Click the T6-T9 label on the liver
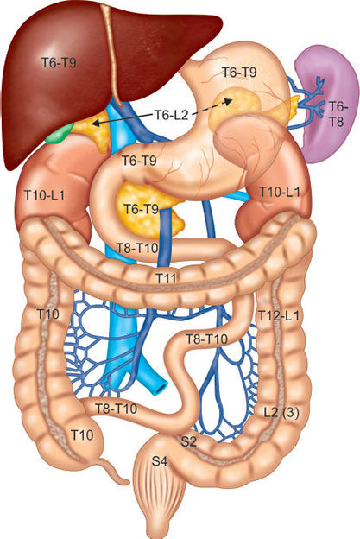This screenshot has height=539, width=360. point(59,63)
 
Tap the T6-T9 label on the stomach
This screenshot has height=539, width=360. point(239,73)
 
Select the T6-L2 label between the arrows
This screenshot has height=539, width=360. point(171,115)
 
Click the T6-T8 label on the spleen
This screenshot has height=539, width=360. point(338,114)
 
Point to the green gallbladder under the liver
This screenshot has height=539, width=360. point(59,134)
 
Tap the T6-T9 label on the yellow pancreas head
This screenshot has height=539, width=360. point(142,209)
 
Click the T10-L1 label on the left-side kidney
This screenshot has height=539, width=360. point(44,195)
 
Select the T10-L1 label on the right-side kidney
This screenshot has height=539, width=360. point(279,192)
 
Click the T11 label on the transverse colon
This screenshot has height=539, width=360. point(167,278)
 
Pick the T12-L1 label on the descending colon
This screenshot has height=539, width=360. point(279,315)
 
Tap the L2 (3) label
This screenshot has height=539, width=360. point(281,412)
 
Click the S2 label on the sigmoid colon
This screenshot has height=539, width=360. point(188,441)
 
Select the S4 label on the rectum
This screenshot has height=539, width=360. point(160,461)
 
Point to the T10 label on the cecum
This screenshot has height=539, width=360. point(82,435)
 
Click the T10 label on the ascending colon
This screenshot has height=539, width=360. point(47,314)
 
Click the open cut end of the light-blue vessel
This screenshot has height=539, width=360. point(160,389)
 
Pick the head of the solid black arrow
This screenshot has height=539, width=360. point(95,123)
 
